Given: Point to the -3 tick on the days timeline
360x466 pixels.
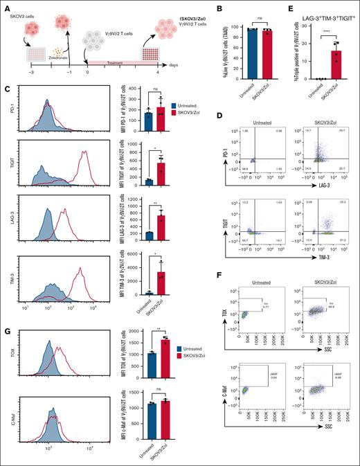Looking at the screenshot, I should (x=21, y=73).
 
